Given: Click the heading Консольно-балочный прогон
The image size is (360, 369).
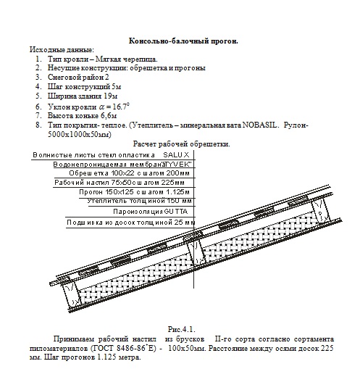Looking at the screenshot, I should click(x=182, y=41).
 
